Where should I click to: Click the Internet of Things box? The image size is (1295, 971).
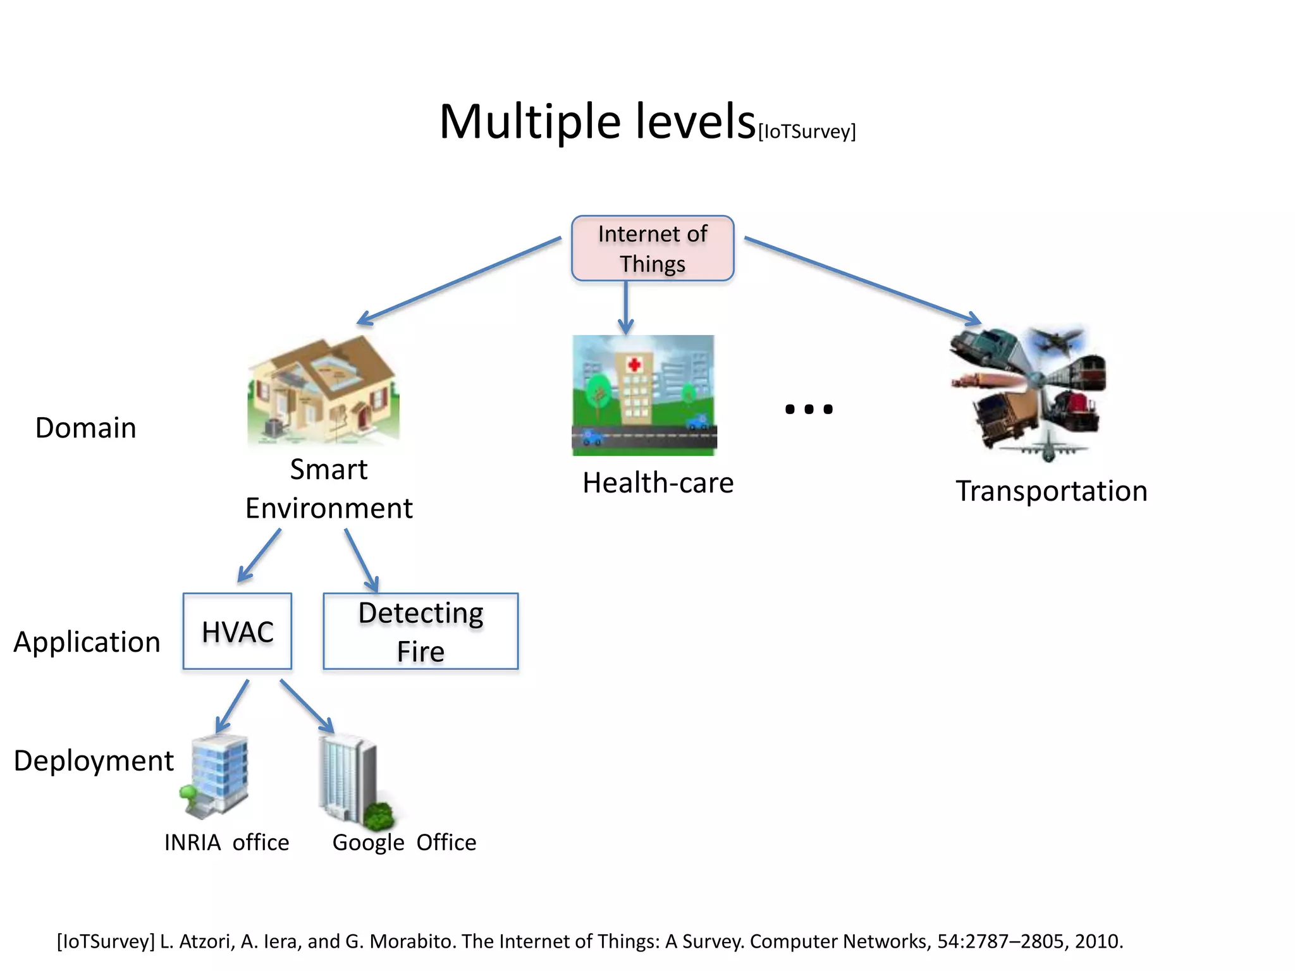(x=652, y=248)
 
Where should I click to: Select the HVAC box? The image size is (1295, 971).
(x=237, y=631)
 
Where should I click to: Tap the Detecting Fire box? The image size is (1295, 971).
(x=420, y=631)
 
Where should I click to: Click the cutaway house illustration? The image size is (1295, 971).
(x=323, y=391)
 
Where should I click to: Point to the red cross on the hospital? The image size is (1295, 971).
(x=634, y=365)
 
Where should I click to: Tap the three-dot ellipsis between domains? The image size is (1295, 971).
(x=808, y=410)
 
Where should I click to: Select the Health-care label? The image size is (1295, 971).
(x=658, y=483)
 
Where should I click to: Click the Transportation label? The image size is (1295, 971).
(x=1051, y=491)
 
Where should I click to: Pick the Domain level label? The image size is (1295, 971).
(x=85, y=428)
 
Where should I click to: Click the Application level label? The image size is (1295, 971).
(x=87, y=642)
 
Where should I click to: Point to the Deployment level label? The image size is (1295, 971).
(x=94, y=760)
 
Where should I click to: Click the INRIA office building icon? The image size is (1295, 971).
(x=215, y=776)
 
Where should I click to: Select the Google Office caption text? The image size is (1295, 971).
(x=404, y=843)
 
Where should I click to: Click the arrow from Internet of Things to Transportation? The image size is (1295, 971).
(x=862, y=281)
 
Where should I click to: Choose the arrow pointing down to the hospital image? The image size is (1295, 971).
(x=625, y=307)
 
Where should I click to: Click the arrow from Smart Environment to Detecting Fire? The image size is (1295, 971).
(x=361, y=560)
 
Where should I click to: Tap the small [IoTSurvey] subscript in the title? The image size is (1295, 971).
(x=807, y=131)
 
